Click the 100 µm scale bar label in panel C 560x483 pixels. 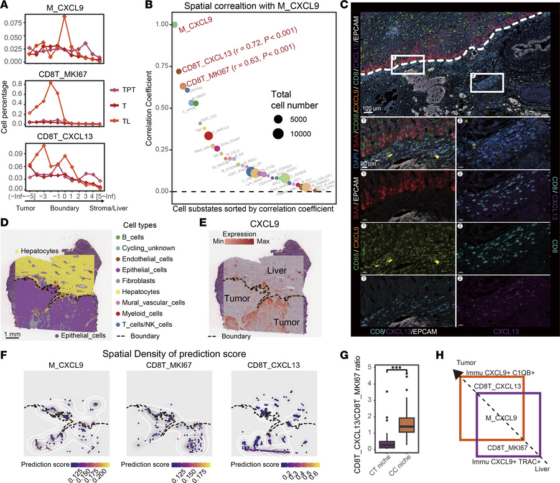point(372,108)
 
